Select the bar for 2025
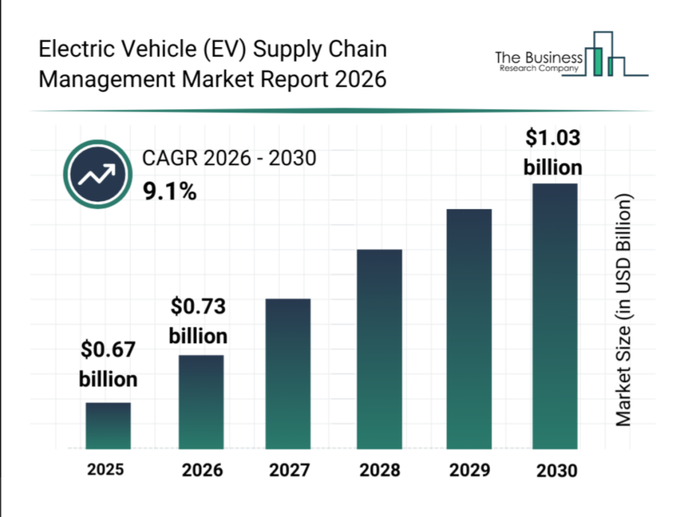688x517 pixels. pos(108,425)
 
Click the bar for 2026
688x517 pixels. pos(201,402)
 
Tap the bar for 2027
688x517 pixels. pos(289,374)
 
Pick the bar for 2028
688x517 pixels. pos(380,349)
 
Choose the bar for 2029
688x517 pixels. pos(469,328)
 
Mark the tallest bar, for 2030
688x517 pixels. pos(554,316)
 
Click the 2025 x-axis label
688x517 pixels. pos(106,470)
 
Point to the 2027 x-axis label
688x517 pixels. pos(289,470)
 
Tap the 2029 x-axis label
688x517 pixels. pos(469,470)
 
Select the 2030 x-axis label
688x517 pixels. pos(556,471)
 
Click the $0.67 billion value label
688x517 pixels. pos(108,364)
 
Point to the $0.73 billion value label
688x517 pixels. pos(198,321)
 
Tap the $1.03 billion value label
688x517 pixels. pos(553,152)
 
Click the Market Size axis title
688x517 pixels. pos(624,310)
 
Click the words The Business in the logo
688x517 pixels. pos(538,58)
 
